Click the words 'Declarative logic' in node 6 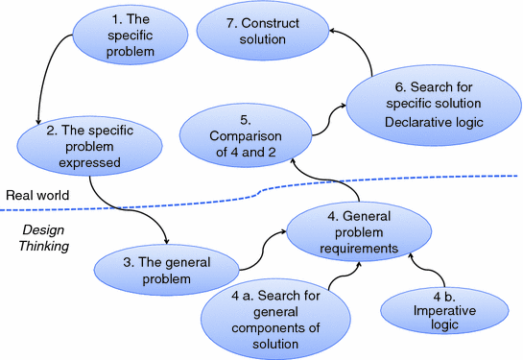point(423,122)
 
